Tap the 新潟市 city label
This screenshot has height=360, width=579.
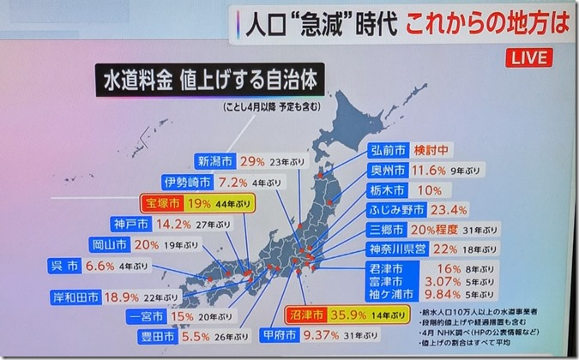coord(214,160)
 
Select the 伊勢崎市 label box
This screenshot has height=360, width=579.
coord(187,182)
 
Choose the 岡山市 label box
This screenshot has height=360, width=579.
coord(109,244)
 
